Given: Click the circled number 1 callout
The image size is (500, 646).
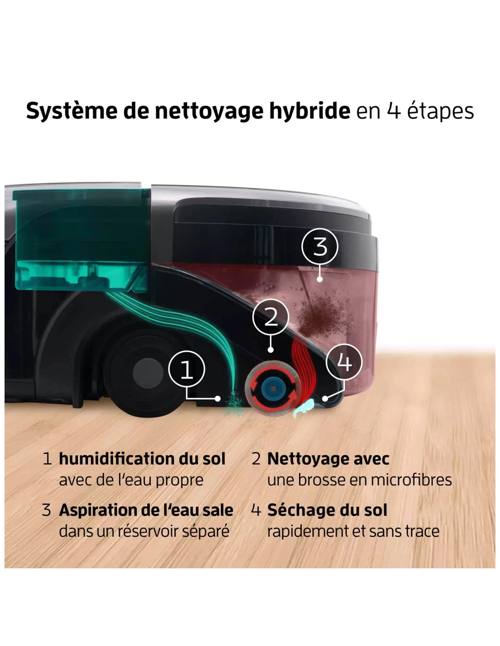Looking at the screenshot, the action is pos(186,369).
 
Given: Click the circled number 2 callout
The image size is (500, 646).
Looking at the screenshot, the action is pos(270,318).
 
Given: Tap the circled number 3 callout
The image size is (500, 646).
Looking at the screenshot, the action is pos(320,247).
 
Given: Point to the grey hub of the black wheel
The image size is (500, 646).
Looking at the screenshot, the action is pos(148,373).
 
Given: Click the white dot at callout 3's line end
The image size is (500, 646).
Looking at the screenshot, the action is pos(320,279).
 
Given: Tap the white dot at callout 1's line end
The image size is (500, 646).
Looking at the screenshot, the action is pos(218,398).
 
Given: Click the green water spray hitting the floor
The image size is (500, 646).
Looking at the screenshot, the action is pos(235,404).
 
